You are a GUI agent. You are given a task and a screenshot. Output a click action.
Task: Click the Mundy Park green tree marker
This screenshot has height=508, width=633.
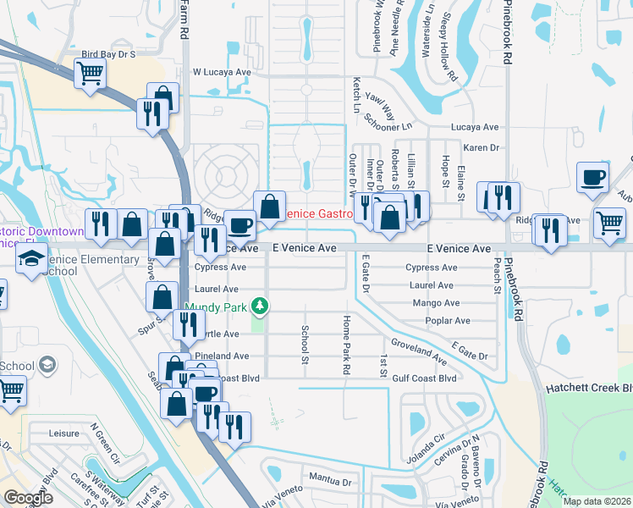coord(262,305)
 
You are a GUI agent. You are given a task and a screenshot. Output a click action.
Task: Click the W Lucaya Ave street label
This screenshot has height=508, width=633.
coord(222,73)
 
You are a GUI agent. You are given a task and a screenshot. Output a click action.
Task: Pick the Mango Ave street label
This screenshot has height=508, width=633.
coord(436,303)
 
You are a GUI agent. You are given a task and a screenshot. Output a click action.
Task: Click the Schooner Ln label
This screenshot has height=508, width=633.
coord(392,124)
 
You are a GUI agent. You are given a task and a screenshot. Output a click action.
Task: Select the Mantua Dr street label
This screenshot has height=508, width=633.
coord(329,480)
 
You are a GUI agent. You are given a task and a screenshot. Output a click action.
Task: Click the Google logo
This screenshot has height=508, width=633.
coord(28,498)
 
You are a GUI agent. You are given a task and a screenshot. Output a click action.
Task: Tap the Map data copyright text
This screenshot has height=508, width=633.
coord(596,501)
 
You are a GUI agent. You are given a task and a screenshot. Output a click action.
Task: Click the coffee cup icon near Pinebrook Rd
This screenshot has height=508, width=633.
coord(592,179)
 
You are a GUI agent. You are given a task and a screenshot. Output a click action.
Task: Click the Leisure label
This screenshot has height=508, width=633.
coord(63,433)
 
